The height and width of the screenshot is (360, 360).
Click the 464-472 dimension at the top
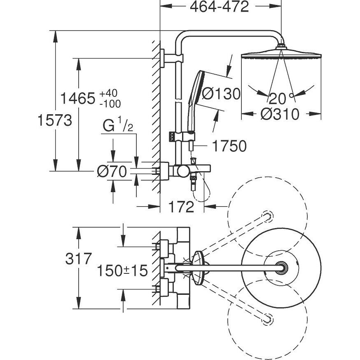pyautogui.click(x=219, y=7)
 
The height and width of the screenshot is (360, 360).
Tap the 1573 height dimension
pyautogui.click(x=55, y=120)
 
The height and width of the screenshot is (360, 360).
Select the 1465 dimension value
pyautogui.click(x=77, y=99)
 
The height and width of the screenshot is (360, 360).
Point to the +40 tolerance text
pyautogui.click(x=108, y=93)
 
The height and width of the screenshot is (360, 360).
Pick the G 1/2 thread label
pyautogui.click(x=118, y=125)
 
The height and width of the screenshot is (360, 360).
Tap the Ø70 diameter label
pyautogui.click(x=112, y=171)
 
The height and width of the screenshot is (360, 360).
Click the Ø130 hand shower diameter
pyautogui.click(x=221, y=94)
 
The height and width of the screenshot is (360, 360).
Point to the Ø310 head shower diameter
pyautogui.click(x=280, y=114)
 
